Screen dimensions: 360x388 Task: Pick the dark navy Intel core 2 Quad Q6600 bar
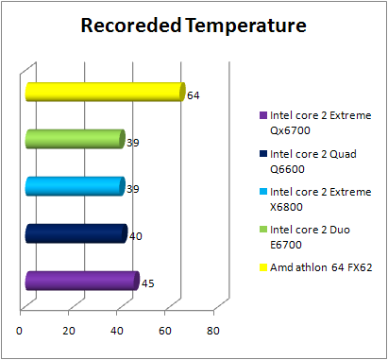coord(76,233)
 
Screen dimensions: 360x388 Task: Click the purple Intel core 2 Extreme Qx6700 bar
coord(81,281)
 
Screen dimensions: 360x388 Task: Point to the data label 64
coord(194,95)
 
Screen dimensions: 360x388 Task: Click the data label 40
coord(136,236)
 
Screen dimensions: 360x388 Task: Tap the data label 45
coord(148,283)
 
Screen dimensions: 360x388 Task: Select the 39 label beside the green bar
coord(133,143)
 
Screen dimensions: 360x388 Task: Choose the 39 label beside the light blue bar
coord(133,189)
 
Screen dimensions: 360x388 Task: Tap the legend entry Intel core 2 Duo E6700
coord(312,236)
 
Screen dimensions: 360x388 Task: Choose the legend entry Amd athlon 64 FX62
coord(319,267)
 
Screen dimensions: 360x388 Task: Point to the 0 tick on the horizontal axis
coord(20,330)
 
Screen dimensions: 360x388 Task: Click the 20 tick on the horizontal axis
coord(69,330)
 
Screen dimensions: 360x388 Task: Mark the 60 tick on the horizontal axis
coord(165,330)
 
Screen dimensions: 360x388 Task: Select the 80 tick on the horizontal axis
coord(213,330)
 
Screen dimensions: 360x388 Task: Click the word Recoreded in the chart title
coord(132,26)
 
